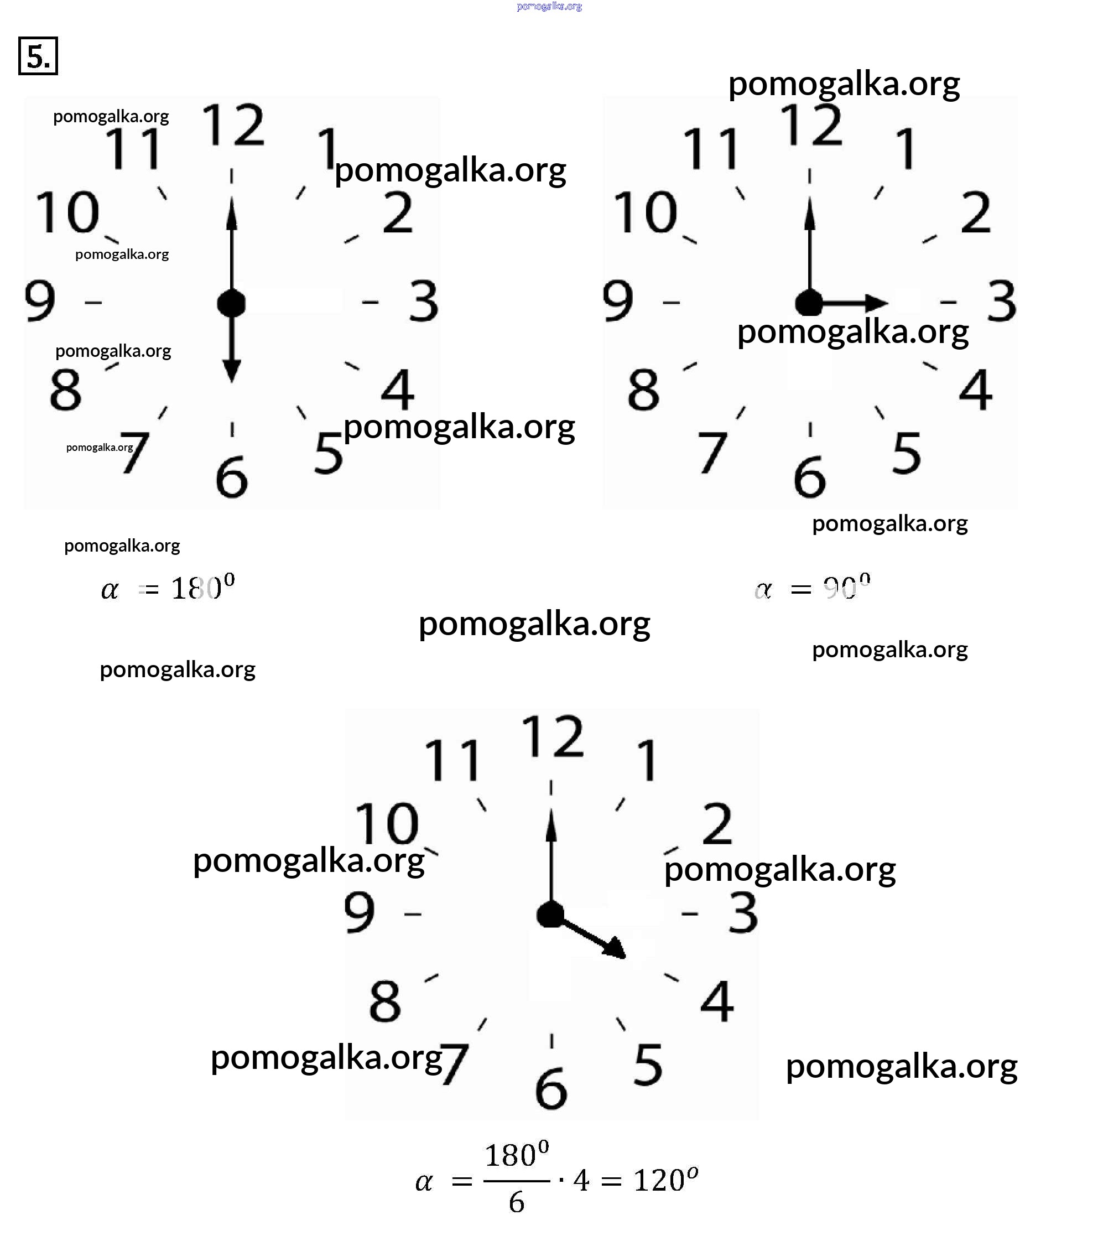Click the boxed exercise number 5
point(38,56)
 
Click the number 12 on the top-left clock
point(233,125)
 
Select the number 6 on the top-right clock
point(810,477)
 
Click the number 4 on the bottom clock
point(717,1001)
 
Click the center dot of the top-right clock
point(809,302)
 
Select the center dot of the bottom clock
point(550,915)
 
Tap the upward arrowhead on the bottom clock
point(551,826)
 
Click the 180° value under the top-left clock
point(202,587)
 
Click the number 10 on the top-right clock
point(645,213)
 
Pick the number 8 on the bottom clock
point(384,1001)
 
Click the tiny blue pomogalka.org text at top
point(549,7)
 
